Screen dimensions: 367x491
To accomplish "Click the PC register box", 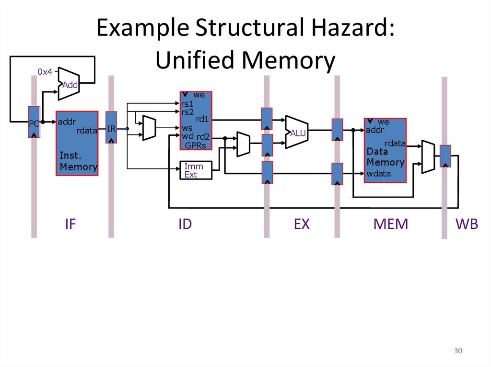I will point(34,122).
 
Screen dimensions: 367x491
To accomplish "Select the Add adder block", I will point(69,84).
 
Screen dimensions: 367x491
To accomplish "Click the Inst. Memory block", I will point(77,144).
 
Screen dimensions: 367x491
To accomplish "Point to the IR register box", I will point(111,128).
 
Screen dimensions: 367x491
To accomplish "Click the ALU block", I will point(297,133).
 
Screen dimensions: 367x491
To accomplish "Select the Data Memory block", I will point(385,150).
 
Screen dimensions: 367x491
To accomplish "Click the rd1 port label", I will point(202,120).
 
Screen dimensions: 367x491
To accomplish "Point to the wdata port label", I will point(378,173).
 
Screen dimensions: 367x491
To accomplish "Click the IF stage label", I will point(70,224).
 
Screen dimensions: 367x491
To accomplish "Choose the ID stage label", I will point(185,224).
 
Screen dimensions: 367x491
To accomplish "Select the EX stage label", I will point(302,224).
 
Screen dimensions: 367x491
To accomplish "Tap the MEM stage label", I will point(391,224).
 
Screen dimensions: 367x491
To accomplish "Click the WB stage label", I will point(467,224).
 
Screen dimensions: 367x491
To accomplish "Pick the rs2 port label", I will point(187,112).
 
